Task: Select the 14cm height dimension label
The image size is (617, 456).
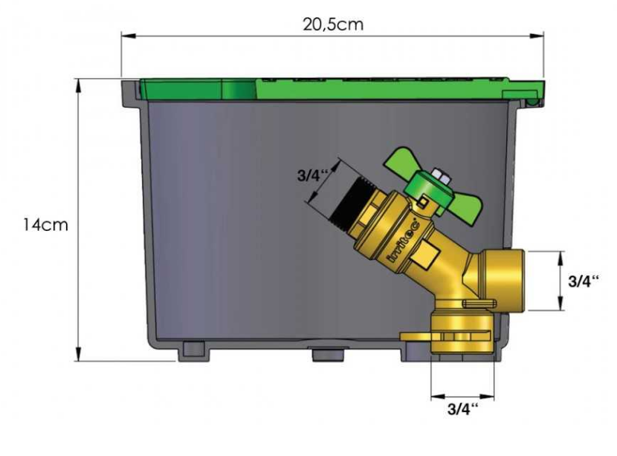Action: [x=45, y=224]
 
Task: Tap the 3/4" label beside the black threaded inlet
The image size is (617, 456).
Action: [x=311, y=176]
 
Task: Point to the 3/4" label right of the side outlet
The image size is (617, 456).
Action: [x=584, y=281]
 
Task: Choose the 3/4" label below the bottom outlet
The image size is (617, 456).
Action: [x=462, y=408]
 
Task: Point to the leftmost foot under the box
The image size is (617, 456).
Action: [x=191, y=351]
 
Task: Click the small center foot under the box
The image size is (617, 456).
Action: [x=324, y=354]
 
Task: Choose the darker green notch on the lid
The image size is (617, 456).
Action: [x=239, y=90]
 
